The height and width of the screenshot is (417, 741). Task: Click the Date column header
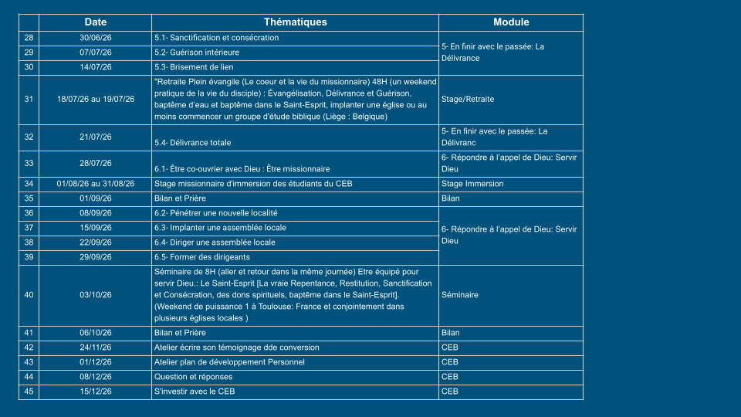tap(96, 22)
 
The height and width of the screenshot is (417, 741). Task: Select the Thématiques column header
tap(295, 22)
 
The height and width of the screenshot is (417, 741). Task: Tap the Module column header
tap(511, 22)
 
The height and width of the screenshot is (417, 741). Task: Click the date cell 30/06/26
tap(96, 38)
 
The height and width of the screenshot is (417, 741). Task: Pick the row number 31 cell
tap(29, 99)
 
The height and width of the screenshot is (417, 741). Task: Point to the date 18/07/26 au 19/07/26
tap(96, 99)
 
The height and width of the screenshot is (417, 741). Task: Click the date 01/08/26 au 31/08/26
tap(96, 184)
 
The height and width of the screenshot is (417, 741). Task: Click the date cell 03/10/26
tap(96, 295)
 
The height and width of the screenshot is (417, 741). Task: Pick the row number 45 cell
tap(29, 392)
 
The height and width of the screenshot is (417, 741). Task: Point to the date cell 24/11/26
tap(96, 347)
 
